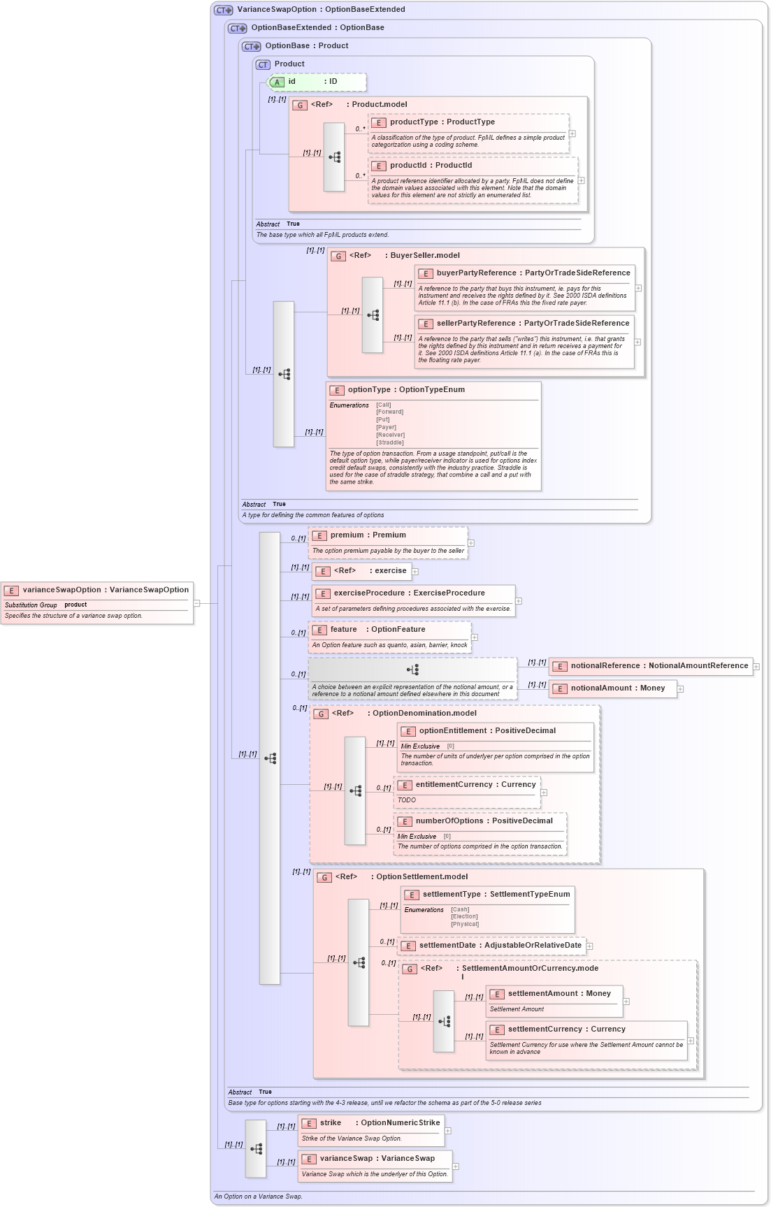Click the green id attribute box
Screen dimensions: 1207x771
pyautogui.click(x=317, y=82)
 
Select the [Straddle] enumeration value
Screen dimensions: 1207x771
pyautogui.click(x=390, y=442)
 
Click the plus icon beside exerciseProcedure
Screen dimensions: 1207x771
pyautogui.click(x=519, y=601)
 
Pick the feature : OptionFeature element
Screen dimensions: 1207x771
pyautogui.click(x=377, y=630)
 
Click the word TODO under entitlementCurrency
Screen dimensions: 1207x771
pyautogui.click(x=407, y=800)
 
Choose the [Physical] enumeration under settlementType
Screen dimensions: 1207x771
pyautogui.click(x=465, y=924)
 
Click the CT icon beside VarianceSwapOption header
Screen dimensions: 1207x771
pyautogui.click(x=224, y=10)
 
